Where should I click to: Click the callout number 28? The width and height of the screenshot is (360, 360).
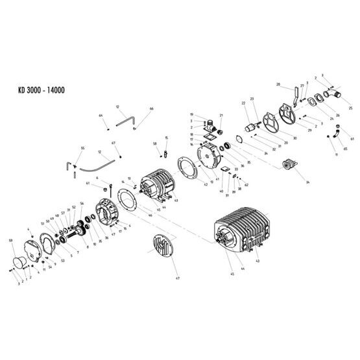pos(278,85)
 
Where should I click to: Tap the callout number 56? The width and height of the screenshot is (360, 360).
pos(82,203)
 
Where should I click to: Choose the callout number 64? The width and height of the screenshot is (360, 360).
pos(101,115)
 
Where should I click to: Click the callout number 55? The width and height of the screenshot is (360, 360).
pos(82,149)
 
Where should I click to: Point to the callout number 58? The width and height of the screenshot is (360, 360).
pos(154,143)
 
